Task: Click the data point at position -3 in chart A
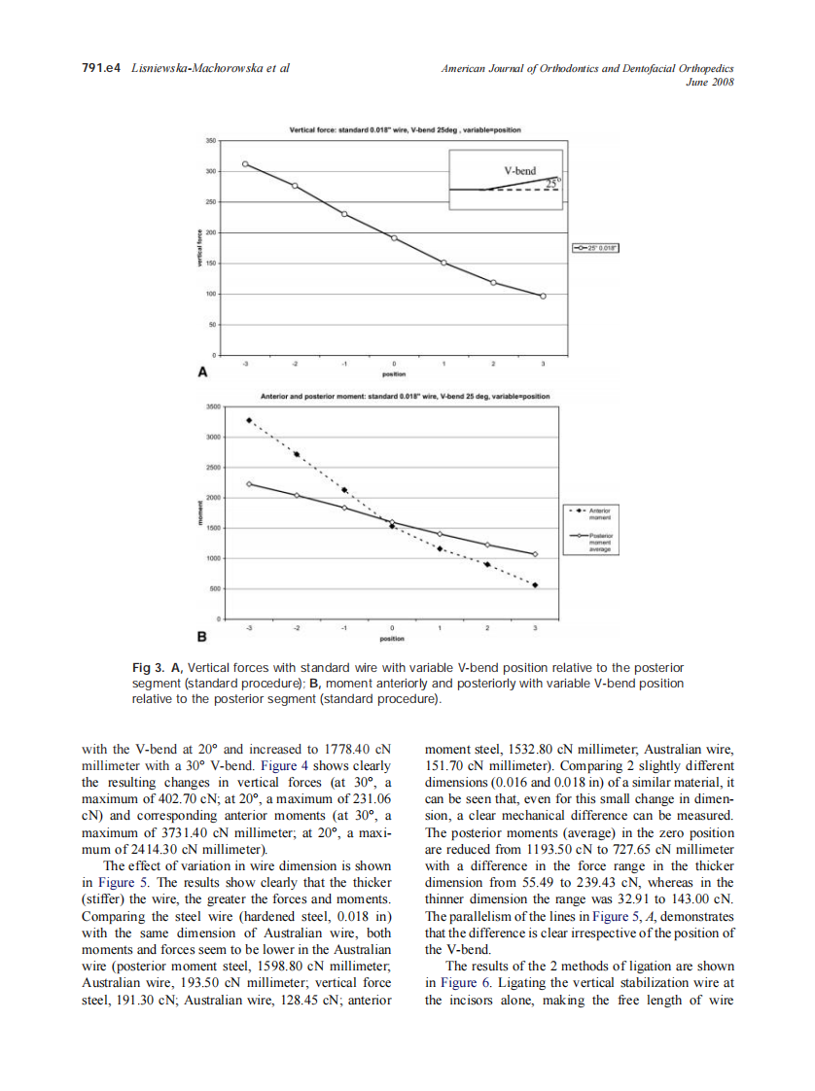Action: point(245,164)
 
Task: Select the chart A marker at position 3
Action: point(543,297)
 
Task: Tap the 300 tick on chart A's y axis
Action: point(210,171)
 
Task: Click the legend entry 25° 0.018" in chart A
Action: point(596,248)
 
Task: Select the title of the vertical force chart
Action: point(406,129)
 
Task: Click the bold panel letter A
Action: point(202,371)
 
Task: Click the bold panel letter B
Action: point(202,638)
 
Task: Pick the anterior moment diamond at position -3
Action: point(249,421)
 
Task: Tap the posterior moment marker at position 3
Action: point(535,554)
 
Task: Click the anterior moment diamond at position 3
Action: point(535,585)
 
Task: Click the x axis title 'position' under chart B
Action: point(392,640)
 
